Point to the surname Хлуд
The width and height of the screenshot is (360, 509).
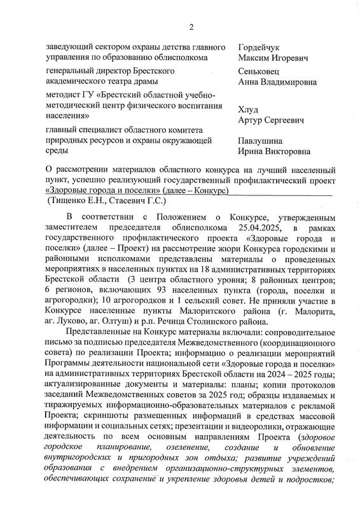pyautogui.click(x=248, y=108)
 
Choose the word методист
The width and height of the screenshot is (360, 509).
pyautogui.click(x=66, y=95)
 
